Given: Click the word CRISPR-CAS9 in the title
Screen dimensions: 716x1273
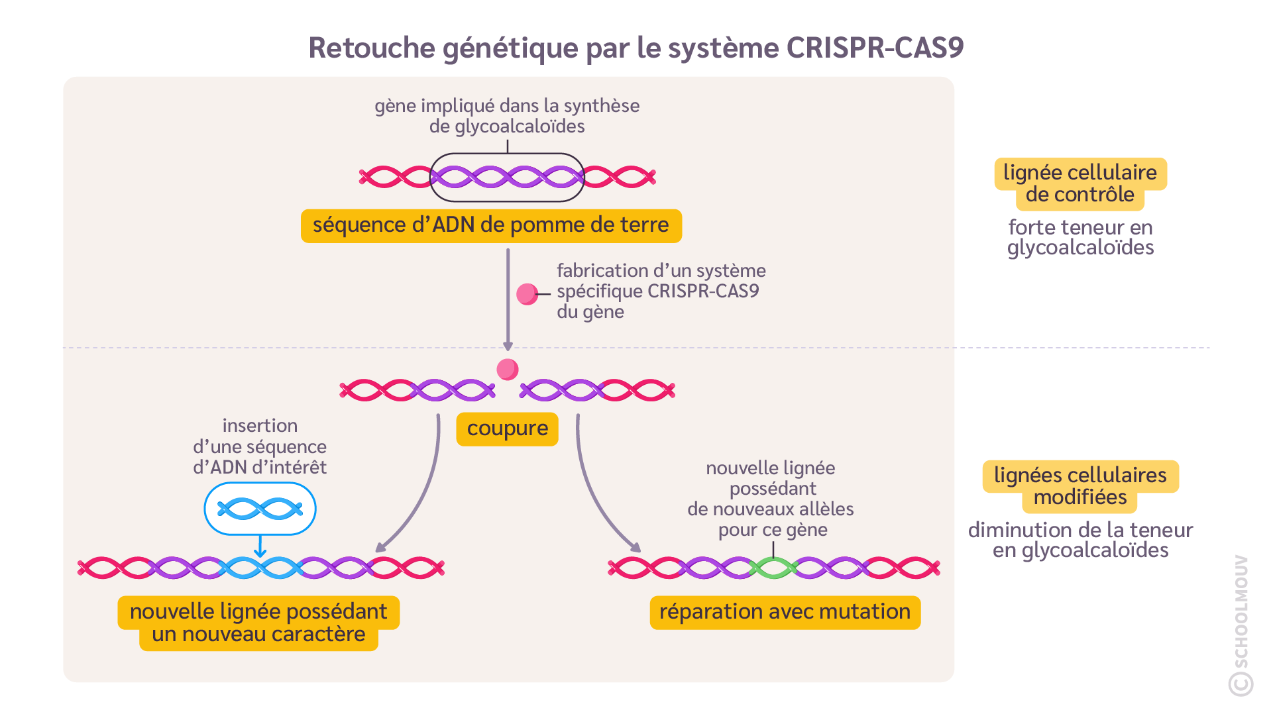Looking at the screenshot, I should point(875,48).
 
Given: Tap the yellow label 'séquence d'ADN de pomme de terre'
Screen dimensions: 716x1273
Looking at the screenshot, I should point(491,226).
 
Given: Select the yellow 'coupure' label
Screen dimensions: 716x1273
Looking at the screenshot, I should point(508,429).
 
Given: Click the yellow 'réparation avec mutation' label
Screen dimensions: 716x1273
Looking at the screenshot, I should point(785,612).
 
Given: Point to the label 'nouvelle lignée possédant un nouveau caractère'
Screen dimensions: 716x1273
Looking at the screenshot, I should point(258,623).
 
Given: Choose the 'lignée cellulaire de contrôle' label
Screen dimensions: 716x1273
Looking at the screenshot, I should point(1080,183).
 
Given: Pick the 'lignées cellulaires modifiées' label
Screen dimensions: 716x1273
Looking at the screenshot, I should point(1080,486).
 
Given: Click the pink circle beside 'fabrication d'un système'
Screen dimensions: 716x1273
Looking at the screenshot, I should point(527,294).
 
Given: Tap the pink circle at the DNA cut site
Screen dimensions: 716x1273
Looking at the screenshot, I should point(508,369).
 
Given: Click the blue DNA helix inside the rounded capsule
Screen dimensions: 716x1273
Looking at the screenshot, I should point(260,509).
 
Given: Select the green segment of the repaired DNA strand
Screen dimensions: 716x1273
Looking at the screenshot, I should point(773,568).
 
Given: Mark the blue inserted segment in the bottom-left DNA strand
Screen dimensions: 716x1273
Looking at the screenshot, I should point(260,568).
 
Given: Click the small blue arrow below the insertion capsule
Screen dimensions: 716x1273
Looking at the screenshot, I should point(260,547).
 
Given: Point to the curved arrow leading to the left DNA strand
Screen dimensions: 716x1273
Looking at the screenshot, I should point(424,490).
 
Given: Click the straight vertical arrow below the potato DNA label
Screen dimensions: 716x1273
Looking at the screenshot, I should point(508,298).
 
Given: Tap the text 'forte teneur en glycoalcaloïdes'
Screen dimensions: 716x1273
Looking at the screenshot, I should point(1080,237).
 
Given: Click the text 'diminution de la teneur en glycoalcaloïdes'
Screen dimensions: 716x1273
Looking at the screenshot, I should point(1080,540).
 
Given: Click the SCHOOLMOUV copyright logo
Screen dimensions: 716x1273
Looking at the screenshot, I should point(1241,626).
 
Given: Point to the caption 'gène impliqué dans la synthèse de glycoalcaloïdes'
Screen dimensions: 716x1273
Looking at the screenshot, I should point(507,116).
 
